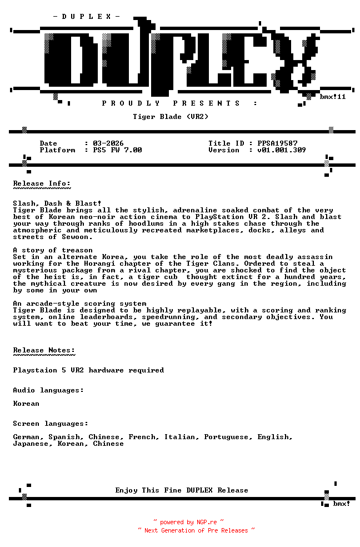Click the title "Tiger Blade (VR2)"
171,117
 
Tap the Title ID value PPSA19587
277,143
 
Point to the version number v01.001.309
282,150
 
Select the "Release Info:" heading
42,183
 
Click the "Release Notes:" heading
44,350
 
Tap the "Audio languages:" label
48,390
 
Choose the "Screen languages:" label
51,424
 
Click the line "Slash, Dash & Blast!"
57,203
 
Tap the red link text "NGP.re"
206,523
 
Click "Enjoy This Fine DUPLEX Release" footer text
182,490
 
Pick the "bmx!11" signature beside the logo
333,97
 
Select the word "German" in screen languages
26,437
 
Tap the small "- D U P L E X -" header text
86,17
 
